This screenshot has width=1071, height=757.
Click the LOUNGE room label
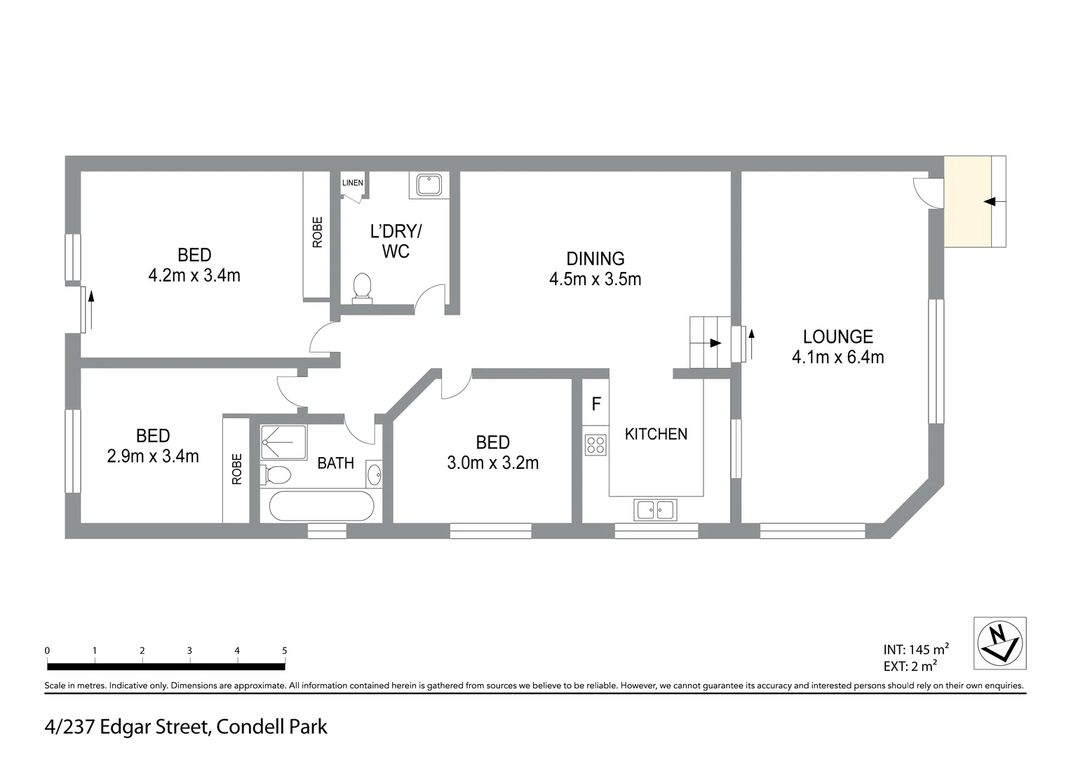point(837,337)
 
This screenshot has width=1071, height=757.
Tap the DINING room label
point(595,259)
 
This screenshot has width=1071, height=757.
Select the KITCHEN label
point(656,435)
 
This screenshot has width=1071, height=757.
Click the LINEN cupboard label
point(352,183)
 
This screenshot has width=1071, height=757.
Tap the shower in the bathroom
point(283,442)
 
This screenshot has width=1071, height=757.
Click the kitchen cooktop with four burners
point(595,445)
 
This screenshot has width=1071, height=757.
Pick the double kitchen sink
point(655,510)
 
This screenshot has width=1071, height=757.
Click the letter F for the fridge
point(596,404)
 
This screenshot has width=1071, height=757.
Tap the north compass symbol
point(1000,643)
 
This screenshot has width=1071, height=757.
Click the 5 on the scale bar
point(284,650)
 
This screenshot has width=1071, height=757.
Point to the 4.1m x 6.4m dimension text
point(837,357)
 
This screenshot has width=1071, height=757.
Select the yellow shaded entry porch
point(967,202)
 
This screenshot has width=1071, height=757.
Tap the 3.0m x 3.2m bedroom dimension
point(492,463)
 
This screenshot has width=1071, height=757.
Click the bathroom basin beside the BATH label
point(375,475)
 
